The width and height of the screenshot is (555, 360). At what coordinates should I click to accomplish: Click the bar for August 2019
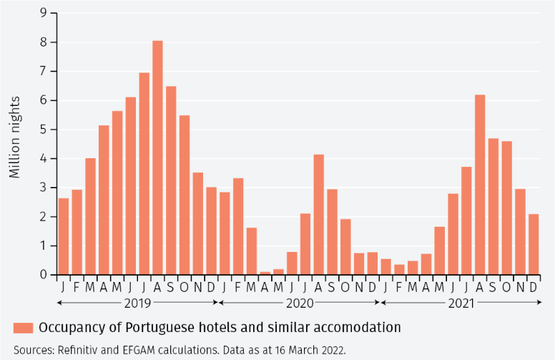pyautogui.click(x=157, y=157)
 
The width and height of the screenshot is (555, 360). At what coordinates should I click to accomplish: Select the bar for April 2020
pyautogui.click(x=265, y=273)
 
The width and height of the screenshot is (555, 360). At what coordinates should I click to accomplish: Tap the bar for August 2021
pyautogui.click(x=480, y=185)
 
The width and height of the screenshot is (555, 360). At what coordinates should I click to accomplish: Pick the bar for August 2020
pyautogui.click(x=319, y=215)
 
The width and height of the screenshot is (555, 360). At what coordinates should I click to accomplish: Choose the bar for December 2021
pyautogui.click(x=534, y=244)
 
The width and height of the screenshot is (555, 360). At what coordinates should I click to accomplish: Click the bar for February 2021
pyautogui.click(x=399, y=270)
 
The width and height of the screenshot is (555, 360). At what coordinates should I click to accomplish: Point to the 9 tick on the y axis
pyautogui.click(x=44, y=13)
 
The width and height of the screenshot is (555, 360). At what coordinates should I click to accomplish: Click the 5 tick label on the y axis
pyautogui.click(x=44, y=130)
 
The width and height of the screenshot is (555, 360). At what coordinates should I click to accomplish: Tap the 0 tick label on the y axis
pyautogui.click(x=44, y=275)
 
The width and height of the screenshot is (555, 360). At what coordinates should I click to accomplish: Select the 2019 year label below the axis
pyautogui.click(x=137, y=303)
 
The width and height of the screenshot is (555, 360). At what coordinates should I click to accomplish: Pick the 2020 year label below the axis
pyautogui.click(x=299, y=303)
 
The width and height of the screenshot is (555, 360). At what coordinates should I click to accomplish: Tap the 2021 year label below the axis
pyautogui.click(x=461, y=303)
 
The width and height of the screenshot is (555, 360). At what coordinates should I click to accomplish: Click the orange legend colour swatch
pyautogui.click(x=23, y=328)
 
